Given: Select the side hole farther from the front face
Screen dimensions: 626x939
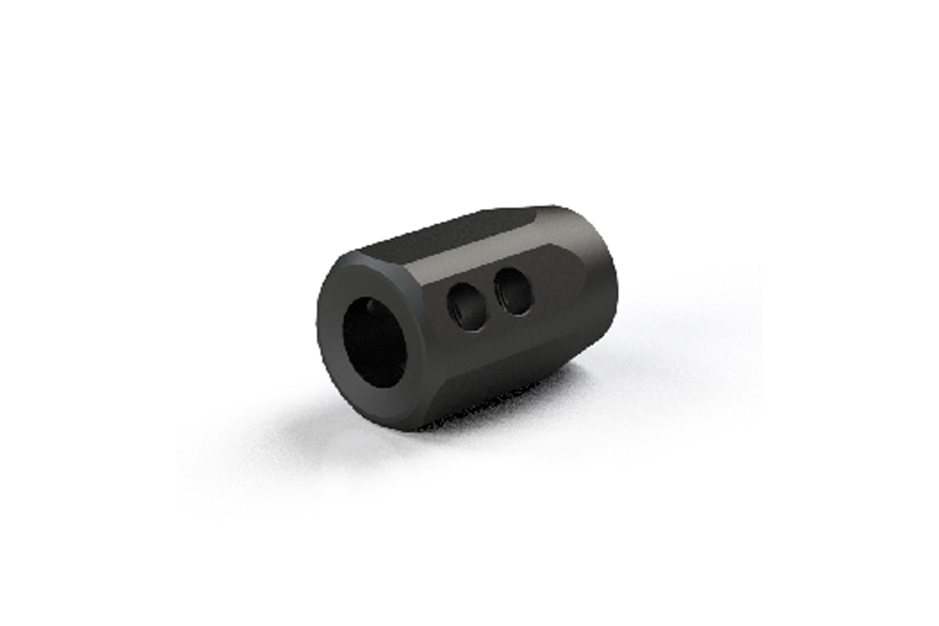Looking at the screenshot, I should coord(512,293).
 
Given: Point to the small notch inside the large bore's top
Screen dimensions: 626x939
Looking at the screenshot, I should coord(372,306).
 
